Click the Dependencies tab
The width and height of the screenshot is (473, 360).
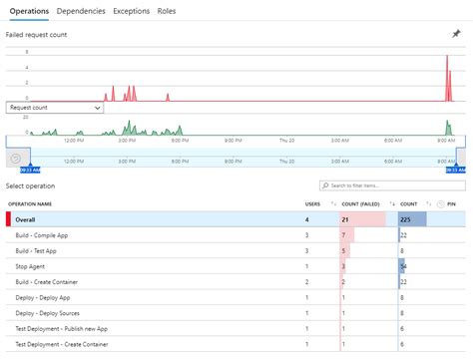pos(81,10)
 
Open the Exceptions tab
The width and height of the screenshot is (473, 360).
pos(132,10)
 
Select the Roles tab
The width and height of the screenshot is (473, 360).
pos(167,10)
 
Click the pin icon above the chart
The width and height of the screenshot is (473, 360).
pos(456,33)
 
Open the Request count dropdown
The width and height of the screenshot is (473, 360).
pos(55,107)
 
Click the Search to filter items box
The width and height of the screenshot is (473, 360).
pos(392,185)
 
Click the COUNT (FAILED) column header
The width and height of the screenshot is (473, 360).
pos(360,204)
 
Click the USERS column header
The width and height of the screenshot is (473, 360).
pos(313,204)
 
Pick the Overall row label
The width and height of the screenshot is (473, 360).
pos(27,219)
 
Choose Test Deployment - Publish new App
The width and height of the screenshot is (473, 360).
pos(62,329)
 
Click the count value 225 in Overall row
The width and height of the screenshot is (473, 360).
pos(405,219)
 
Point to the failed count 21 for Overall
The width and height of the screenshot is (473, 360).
pos(344,219)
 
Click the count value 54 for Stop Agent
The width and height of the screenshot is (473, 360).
pos(402,266)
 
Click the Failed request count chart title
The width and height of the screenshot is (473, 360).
pos(38,34)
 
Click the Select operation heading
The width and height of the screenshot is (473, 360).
pos(31,186)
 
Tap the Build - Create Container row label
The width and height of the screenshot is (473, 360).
pos(51,282)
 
